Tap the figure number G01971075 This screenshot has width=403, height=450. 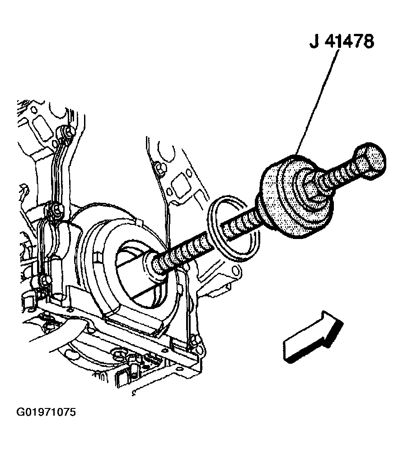[46, 412]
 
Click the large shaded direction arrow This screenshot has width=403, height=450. [313, 337]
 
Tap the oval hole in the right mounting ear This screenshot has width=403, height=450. [236, 270]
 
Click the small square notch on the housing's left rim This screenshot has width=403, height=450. [98, 258]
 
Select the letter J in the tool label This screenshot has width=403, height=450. [314, 42]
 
